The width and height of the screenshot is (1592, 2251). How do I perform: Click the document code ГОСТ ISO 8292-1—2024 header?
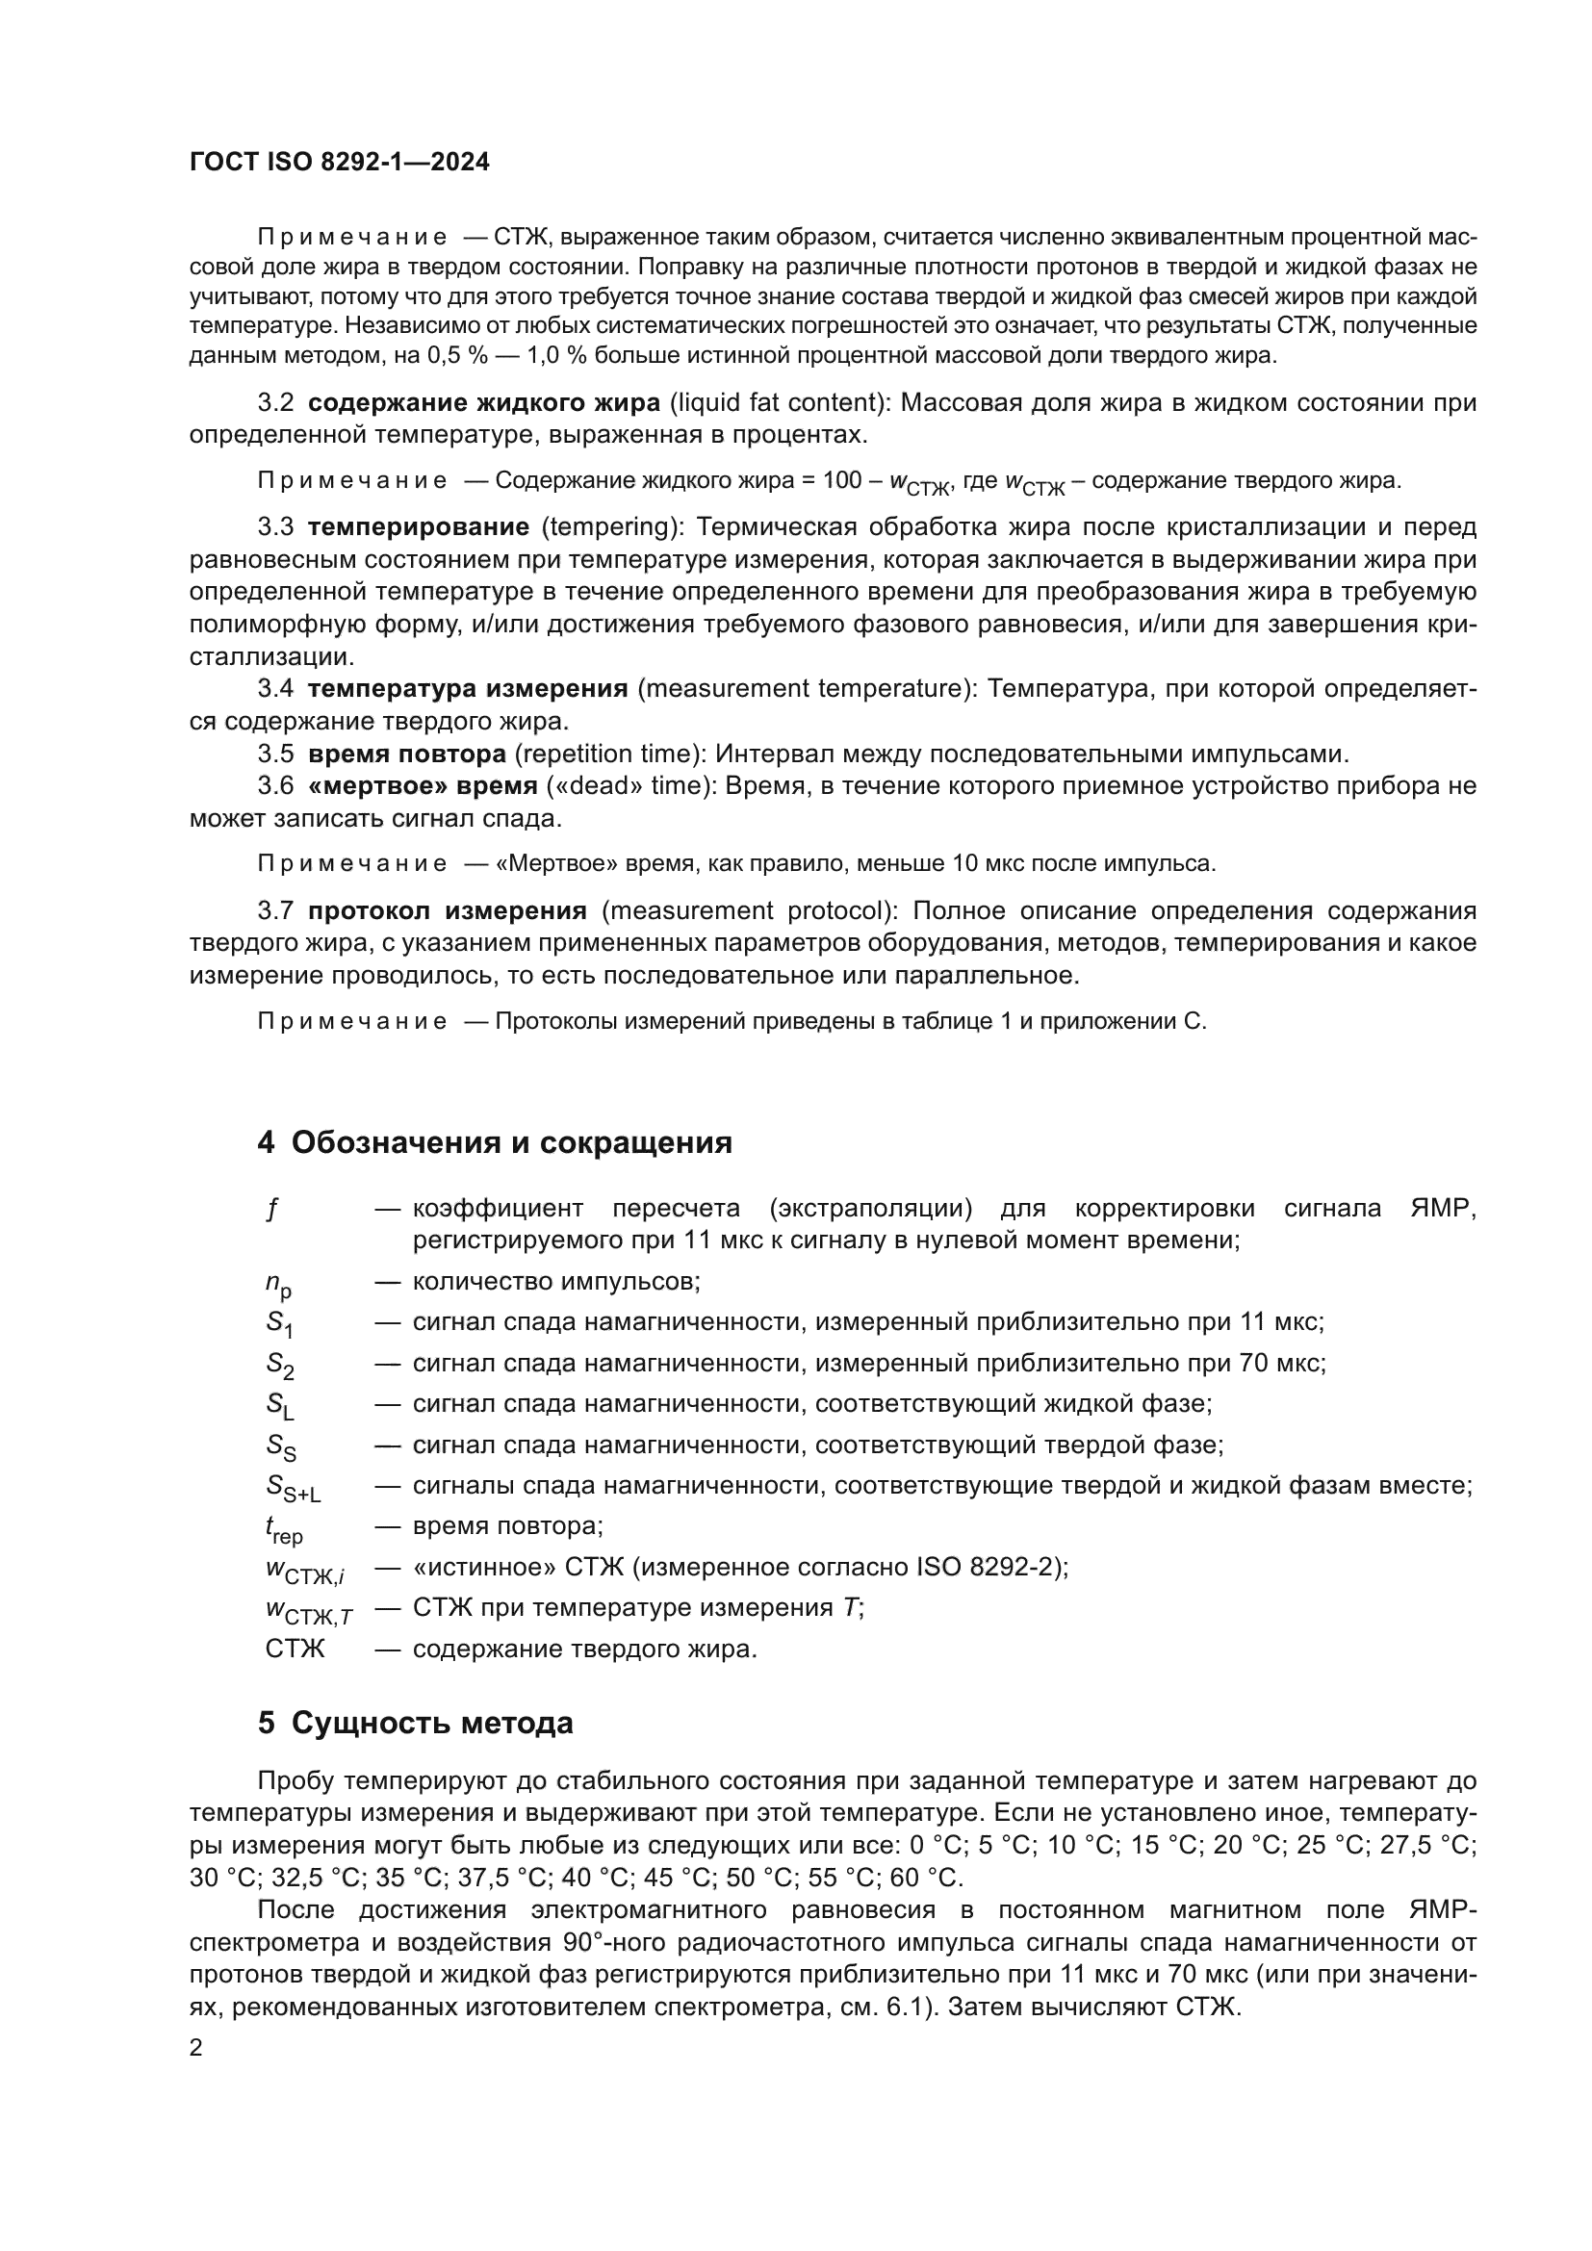tap(339, 163)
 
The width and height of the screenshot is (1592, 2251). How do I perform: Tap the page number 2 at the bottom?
tap(196, 2048)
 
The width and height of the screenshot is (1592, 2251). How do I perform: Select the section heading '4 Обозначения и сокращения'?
tap(494, 1143)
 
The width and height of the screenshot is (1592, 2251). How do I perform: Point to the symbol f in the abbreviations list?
tap(271, 1210)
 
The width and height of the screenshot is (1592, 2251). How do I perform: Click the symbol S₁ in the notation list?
tap(279, 1324)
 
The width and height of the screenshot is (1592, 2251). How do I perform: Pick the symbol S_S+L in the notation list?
tap(294, 1488)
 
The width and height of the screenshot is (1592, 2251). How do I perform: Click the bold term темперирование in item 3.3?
tap(419, 527)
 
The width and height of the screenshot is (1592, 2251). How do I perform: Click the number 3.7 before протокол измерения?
tap(275, 911)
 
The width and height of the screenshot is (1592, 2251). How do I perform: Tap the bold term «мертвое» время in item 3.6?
tap(423, 786)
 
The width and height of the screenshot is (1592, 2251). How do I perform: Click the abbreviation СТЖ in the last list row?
tap(295, 1650)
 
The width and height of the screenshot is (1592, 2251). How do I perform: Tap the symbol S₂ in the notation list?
tap(279, 1366)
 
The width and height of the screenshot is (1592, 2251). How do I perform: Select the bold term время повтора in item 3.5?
tap(407, 754)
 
